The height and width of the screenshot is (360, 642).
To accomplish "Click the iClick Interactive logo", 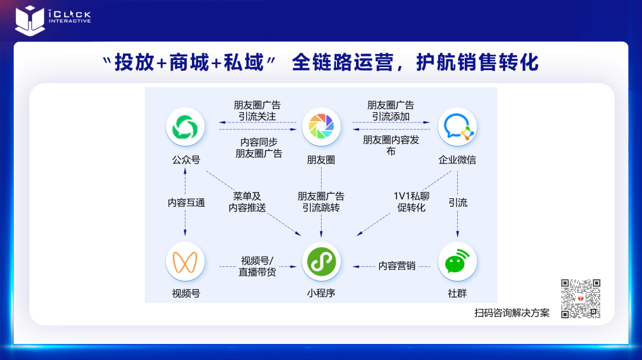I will coord(53,18).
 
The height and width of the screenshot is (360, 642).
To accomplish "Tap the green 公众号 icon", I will coord(185,127).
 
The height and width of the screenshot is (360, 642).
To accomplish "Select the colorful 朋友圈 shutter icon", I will coord(321,127).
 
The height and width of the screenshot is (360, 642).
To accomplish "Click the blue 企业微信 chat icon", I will coord(457,127).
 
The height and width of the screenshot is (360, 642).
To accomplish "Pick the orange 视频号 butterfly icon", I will coord(185,261).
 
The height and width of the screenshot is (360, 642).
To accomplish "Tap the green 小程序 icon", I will coord(321,261).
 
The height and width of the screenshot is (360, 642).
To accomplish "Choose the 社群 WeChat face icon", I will coord(457,261).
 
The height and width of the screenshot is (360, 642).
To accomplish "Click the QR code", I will coord(581,299).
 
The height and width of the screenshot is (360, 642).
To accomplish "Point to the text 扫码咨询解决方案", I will coord(512,313).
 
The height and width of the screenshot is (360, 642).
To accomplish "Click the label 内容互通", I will coord(186,203).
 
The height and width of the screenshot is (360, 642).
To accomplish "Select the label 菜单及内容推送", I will coord(247,202).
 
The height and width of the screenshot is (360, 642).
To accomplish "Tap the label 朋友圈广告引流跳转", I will coord(321,202).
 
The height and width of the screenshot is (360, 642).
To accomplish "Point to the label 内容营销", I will coord(397,266).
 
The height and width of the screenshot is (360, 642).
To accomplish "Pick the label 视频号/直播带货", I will coord(257,266).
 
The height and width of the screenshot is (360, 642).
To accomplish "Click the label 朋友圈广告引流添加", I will coord(391,110).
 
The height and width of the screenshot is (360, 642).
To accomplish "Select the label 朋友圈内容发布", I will coord(391,146).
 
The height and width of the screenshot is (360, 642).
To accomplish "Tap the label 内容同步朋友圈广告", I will coord(259,148).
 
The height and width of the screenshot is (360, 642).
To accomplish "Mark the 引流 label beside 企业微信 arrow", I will coord(458,203).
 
